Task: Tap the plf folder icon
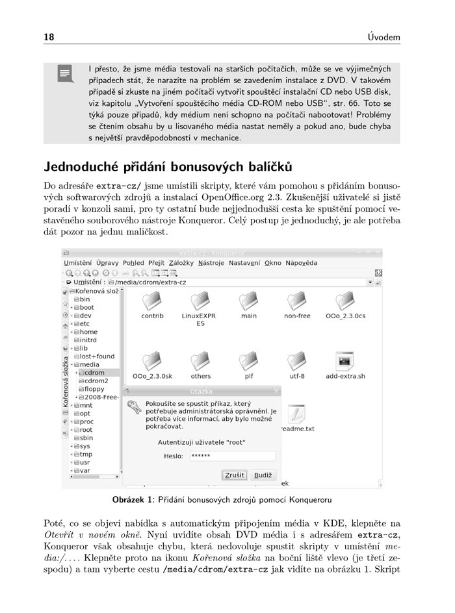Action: [x=249, y=361]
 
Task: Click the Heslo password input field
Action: [x=232, y=456]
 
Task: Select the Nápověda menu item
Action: [x=301, y=263]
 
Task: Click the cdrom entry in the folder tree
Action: [x=94, y=373]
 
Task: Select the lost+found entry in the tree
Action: [x=97, y=357]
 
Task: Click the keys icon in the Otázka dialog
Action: [x=134, y=408]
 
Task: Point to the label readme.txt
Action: [x=297, y=429]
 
